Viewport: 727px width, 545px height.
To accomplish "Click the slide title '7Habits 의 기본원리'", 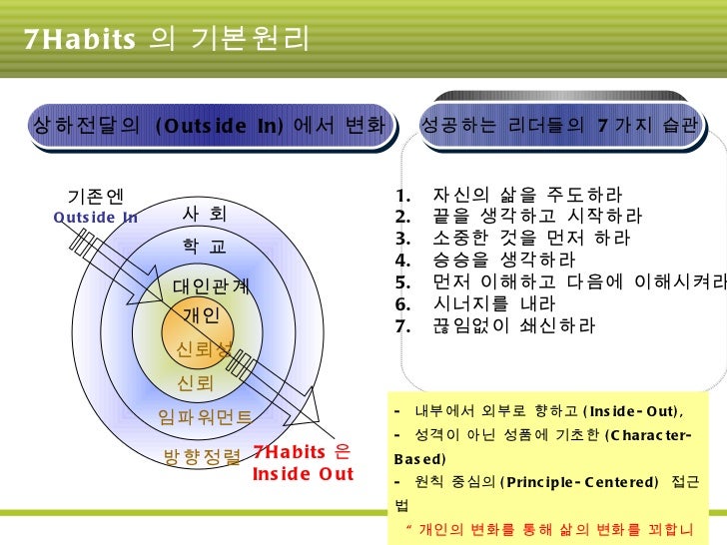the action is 166,39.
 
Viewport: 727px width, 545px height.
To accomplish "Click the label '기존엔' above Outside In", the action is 95,196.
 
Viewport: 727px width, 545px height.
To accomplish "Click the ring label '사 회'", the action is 205,214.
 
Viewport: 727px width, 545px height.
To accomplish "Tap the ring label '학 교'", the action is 205,246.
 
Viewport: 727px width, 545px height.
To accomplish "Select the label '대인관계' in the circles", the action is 212,285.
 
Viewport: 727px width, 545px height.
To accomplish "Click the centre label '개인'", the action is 207,316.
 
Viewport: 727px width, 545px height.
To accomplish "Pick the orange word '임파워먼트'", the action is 206,417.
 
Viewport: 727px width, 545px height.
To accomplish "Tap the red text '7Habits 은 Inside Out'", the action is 303,462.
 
